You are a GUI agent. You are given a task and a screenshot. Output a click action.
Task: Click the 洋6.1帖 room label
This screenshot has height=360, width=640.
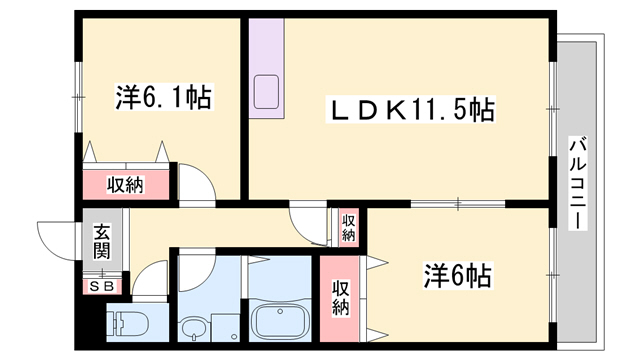[x=163, y=97]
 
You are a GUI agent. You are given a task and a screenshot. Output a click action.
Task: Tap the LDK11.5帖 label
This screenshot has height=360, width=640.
[x=411, y=109]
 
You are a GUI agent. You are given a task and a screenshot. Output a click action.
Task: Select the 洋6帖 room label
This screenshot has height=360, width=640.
[x=457, y=275]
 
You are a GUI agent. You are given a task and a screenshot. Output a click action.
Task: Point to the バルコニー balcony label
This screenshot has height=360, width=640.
[x=578, y=183]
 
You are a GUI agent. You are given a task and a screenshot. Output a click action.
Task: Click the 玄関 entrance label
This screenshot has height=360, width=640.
[x=101, y=242]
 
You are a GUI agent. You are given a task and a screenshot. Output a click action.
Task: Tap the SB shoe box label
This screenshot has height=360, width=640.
[x=102, y=287]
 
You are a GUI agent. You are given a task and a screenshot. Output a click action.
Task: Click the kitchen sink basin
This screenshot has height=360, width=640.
[x=266, y=92]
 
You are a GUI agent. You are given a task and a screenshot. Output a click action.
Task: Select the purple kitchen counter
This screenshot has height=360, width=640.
[x=267, y=69]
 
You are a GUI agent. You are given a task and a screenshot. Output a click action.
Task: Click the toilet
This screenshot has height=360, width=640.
[x=127, y=322]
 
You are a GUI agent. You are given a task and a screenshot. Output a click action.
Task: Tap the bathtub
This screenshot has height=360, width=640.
[x=280, y=321]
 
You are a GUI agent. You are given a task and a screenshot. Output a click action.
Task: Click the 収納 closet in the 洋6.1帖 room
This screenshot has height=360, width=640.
[x=126, y=185]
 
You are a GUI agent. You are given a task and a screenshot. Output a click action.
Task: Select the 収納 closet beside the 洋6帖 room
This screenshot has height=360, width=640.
[x=340, y=298]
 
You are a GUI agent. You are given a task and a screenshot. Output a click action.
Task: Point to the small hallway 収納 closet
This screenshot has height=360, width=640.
[x=349, y=228]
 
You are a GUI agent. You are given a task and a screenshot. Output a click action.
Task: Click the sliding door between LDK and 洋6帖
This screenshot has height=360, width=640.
[x=458, y=204]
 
